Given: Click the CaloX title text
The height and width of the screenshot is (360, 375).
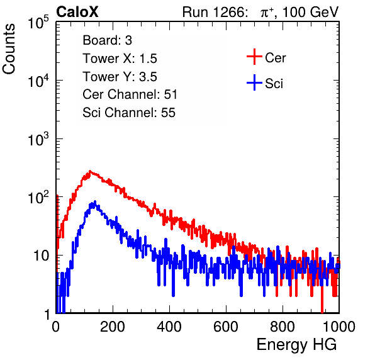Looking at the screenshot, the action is pos(77,12).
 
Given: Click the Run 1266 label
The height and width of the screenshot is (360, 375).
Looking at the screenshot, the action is pos(215,12).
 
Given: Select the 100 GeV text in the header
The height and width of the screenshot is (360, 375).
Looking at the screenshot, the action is pos(310,12).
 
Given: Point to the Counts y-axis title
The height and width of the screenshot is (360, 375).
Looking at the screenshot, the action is pos(9,49).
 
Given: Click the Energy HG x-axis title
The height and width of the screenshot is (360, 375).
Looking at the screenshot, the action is pos(296,344).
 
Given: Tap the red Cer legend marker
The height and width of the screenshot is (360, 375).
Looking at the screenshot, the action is pos(254,57).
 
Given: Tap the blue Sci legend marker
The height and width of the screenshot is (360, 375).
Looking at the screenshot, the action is pos(254,82).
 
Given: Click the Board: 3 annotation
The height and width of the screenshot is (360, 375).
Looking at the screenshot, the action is pos(107,40).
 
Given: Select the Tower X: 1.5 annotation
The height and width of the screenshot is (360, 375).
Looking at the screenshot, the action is pos(120,59).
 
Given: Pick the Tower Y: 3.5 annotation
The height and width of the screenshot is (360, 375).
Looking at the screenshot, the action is pos(120,77).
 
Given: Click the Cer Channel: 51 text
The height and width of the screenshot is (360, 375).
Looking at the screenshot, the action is pos(130,94).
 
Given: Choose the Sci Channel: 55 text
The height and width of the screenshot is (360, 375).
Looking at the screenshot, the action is pos(129,113).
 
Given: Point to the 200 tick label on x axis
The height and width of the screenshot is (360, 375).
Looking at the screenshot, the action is pos(113,327).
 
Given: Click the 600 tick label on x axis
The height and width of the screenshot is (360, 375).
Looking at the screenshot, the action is pos(226,327).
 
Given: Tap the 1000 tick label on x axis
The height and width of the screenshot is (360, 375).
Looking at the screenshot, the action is pos(339,327).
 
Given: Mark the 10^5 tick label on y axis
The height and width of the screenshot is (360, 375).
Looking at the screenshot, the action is pos(38,22).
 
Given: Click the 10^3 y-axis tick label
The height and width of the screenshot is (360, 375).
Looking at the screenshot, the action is pos(38,139).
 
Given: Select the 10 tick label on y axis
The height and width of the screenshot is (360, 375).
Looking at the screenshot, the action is pos(42,256).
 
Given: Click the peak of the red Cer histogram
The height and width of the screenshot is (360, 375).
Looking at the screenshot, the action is pos(90,171).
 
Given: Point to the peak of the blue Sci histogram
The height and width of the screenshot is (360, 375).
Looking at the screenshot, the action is pos(95,201).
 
